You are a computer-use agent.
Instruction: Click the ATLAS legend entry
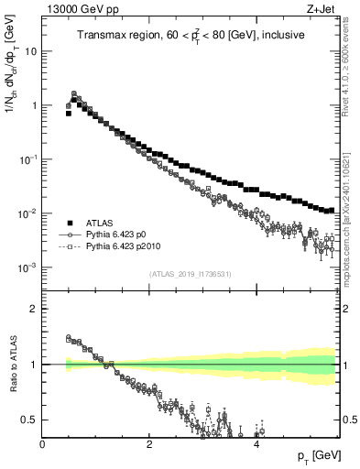click(95, 222)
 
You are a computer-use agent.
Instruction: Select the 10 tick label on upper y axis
click(31, 51)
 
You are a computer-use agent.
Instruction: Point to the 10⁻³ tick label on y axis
click(29, 267)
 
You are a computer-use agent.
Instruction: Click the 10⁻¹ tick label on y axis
click(29, 159)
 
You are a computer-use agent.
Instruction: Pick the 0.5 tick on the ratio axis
click(31, 420)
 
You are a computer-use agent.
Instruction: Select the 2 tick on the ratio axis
click(35, 309)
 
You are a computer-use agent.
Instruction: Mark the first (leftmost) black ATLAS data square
click(68, 114)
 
